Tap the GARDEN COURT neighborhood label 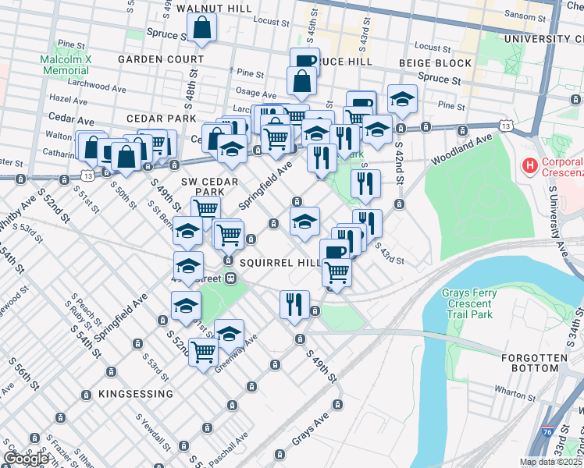(161, 59)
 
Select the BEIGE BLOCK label (435, 63)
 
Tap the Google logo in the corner (26, 459)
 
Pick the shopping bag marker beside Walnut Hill (201, 29)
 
